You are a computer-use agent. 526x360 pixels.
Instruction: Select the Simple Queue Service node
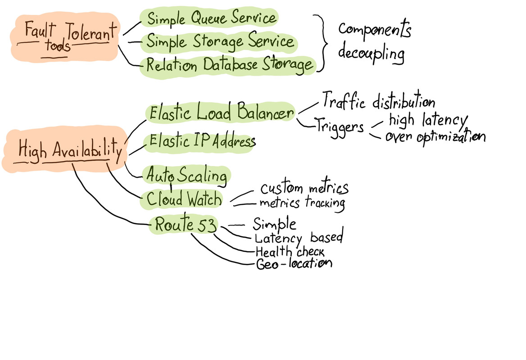211,18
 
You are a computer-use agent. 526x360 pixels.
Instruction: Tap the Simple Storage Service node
220,42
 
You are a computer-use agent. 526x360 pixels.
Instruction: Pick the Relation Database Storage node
229,65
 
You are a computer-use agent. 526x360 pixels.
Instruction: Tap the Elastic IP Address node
202,142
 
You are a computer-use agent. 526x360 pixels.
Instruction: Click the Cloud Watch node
184,199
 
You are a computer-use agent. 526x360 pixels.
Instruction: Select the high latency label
427,120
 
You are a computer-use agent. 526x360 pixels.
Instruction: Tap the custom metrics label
304,188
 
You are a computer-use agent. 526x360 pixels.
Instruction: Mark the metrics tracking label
302,203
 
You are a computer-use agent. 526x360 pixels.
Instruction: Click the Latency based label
299,238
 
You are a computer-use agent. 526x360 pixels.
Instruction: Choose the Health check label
290,252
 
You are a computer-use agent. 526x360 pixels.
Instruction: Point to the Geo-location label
294,264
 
